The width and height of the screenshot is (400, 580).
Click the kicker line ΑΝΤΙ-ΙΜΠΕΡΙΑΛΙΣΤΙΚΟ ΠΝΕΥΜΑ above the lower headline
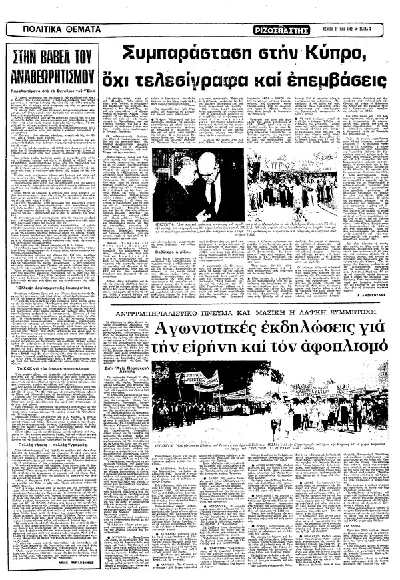(193, 311)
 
